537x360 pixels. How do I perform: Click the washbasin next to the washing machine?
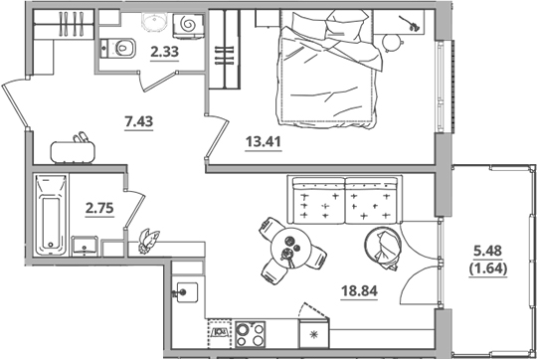pyautogui.click(x=153, y=23)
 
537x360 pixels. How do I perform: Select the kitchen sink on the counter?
pyautogui.click(x=185, y=292)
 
